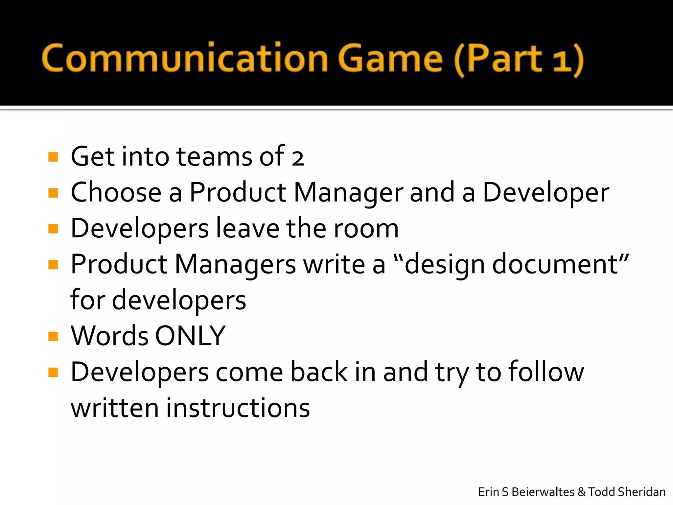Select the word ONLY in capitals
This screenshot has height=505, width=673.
pyautogui.click(x=190, y=336)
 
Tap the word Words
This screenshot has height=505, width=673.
pyautogui.click(x=110, y=336)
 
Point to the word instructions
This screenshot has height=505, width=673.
pyautogui.click(x=238, y=408)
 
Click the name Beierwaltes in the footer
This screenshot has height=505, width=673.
pyautogui.click(x=543, y=492)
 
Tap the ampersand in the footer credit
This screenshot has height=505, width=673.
pyautogui.click(x=581, y=492)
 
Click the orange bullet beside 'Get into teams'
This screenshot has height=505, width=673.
pyautogui.click(x=53, y=157)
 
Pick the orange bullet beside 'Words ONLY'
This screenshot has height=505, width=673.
pyautogui.click(x=53, y=336)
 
